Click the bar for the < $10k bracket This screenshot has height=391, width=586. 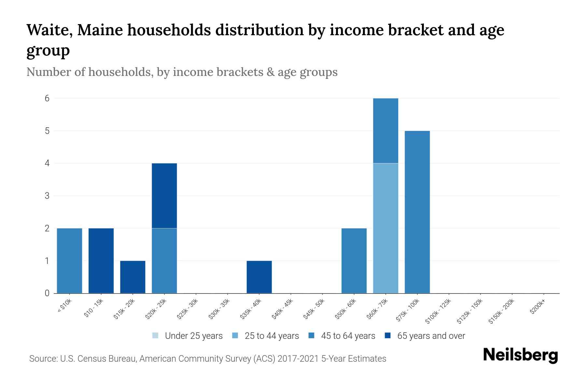(x=69, y=261)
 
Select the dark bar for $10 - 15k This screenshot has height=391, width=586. (x=101, y=261)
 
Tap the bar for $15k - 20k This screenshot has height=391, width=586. (x=133, y=277)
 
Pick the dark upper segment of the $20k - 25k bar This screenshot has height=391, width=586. (x=164, y=195)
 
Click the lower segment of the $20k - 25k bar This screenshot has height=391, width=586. (x=164, y=261)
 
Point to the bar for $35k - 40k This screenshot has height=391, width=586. (x=259, y=277)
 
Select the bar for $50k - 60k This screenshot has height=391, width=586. (x=354, y=261)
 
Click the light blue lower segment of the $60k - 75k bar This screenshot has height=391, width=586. (x=385, y=228)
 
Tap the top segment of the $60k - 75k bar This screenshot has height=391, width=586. (x=385, y=130)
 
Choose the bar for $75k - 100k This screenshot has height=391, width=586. (x=417, y=212)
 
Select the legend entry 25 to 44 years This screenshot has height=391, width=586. (x=265, y=336)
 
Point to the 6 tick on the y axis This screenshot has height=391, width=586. (x=47, y=98)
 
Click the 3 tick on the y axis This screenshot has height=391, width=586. (x=47, y=196)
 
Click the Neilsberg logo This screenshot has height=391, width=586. (x=520, y=355)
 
